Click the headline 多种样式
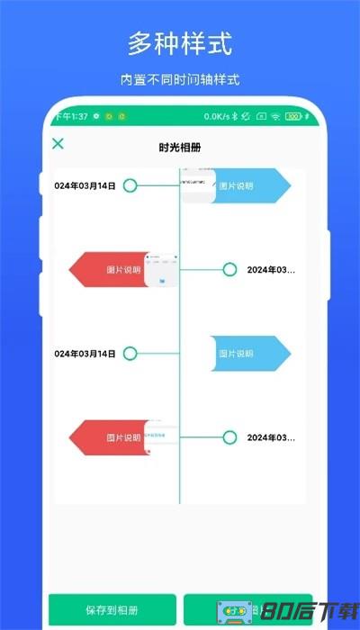coord(180,42)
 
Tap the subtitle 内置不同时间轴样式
coord(180,79)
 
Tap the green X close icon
coord(58,143)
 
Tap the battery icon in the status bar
coord(293,116)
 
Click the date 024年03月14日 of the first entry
coord(85,186)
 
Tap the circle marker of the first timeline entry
coord(130,186)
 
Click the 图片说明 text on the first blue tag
coord(236,186)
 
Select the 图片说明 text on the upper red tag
coord(123,269)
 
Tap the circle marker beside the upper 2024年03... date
coord(229,269)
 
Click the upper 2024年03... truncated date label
coord(270,269)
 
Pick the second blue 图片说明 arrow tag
coord(250,354)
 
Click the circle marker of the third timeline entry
coord(130,354)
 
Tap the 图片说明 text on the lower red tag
coord(123,437)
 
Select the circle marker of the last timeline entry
coord(229,437)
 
